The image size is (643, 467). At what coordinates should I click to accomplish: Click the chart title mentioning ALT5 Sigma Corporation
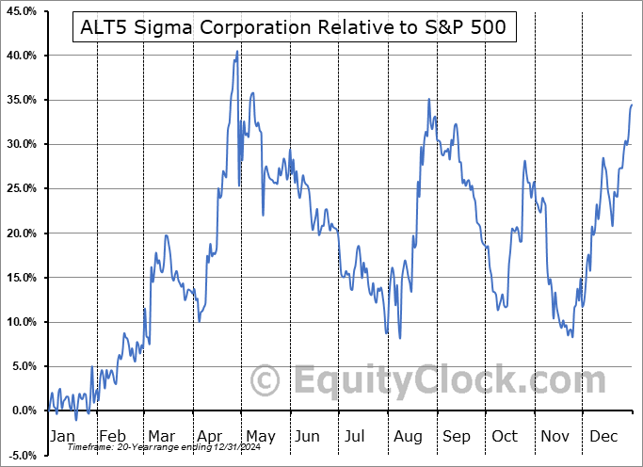291,27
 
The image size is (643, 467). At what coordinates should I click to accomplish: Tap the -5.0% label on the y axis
21,456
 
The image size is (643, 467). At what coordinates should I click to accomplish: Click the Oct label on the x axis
506,436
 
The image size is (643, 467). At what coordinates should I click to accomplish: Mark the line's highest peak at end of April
237,52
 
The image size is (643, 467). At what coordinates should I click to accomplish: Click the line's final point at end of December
632,105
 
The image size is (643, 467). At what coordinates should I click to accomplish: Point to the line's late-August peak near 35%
428,99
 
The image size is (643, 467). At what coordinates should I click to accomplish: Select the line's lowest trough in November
571,336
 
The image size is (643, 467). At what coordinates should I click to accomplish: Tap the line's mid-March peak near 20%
166,235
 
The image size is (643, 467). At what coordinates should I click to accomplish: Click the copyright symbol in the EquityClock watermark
266,381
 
